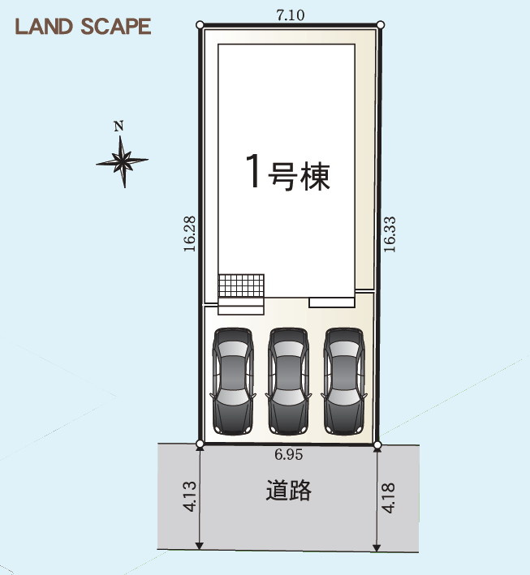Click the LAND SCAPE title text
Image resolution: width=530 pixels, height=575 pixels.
tap(83, 26)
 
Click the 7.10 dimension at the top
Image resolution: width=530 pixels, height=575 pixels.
tap(290, 14)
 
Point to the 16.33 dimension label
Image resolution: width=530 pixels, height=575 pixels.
tap(390, 234)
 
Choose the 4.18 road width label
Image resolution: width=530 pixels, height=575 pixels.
tap(390, 496)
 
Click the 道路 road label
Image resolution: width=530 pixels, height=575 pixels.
tap(289, 491)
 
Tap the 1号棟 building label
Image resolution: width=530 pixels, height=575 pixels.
tap(289, 173)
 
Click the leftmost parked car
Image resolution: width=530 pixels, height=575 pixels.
tap(233, 382)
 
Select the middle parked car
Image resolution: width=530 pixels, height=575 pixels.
tap(289, 382)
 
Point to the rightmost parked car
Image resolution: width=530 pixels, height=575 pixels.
tap(344, 382)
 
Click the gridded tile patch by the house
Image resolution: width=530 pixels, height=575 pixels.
tap(242, 286)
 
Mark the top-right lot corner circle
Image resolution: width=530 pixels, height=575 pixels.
tap(379, 26)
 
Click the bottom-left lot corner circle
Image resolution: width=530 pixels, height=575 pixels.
tap(200, 444)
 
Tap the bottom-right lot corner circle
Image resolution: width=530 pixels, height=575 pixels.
tap(377, 444)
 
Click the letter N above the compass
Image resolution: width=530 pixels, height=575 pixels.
tap(118, 127)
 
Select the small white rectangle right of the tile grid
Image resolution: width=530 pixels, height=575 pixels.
tap(331, 303)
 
